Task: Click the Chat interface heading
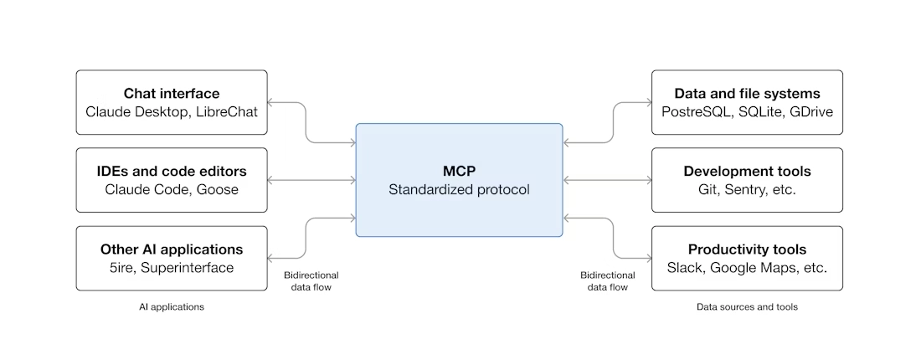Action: [172, 93]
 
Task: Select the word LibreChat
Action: [227, 111]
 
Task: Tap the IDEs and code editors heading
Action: [172, 172]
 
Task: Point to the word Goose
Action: [218, 190]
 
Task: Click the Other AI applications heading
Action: [172, 249]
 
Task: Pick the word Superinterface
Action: [191, 268]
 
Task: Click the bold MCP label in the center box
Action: [459, 171]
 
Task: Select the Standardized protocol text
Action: [459, 189]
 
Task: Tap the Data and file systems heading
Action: [747, 93]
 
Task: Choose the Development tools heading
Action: [747, 172]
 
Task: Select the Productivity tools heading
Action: [747, 249]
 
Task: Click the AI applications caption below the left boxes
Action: [172, 307]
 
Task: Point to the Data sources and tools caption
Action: [747, 307]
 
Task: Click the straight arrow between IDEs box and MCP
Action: [311, 180]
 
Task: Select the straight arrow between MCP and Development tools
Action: [607, 180]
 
